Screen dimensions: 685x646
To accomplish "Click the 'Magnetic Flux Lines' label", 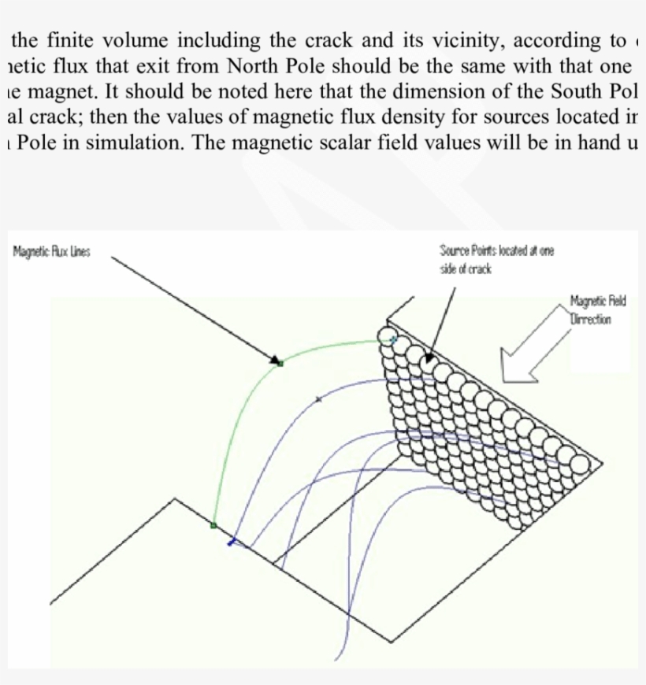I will click(52, 252).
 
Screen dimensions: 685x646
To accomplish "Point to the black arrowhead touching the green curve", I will click(277, 361).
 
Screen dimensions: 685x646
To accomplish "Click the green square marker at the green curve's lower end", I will click(213, 524).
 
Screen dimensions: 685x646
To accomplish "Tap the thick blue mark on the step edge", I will click(232, 542).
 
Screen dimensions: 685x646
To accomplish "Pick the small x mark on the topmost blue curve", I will click(317, 399).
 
